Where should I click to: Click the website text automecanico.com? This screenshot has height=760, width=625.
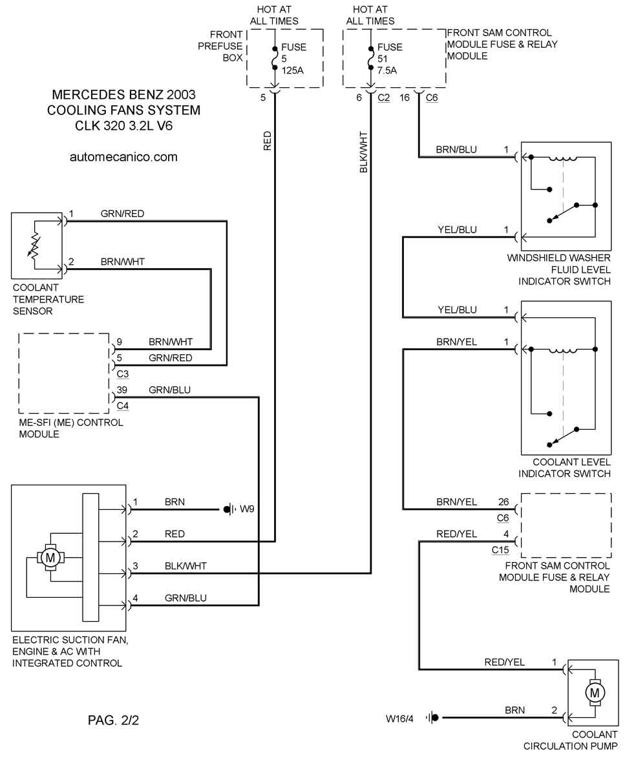click(x=123, y=157)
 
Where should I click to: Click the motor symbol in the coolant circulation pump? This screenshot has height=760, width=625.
click(x=593, y=693)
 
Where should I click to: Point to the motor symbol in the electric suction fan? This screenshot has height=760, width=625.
click(x=50, y=556)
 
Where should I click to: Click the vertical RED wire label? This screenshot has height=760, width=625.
click(x=268, y=141)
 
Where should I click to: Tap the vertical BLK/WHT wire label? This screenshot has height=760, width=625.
click(x=363, y=152)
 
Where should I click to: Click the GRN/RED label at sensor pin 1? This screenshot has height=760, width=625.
click(x=122, y=213)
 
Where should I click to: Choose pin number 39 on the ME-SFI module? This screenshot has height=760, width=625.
click(x=121, y=390)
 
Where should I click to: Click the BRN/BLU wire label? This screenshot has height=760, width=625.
click(x=456, y=149)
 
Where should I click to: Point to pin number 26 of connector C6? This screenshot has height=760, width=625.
click(x=504, y=501)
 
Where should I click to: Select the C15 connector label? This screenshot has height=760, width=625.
click(x=500, y=550)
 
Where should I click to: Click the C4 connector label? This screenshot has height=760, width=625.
click(x=123, y=406)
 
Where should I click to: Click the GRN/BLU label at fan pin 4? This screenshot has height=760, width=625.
click(x=186, y=598)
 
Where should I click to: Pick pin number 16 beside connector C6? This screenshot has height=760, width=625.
click(x=405, y=98)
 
